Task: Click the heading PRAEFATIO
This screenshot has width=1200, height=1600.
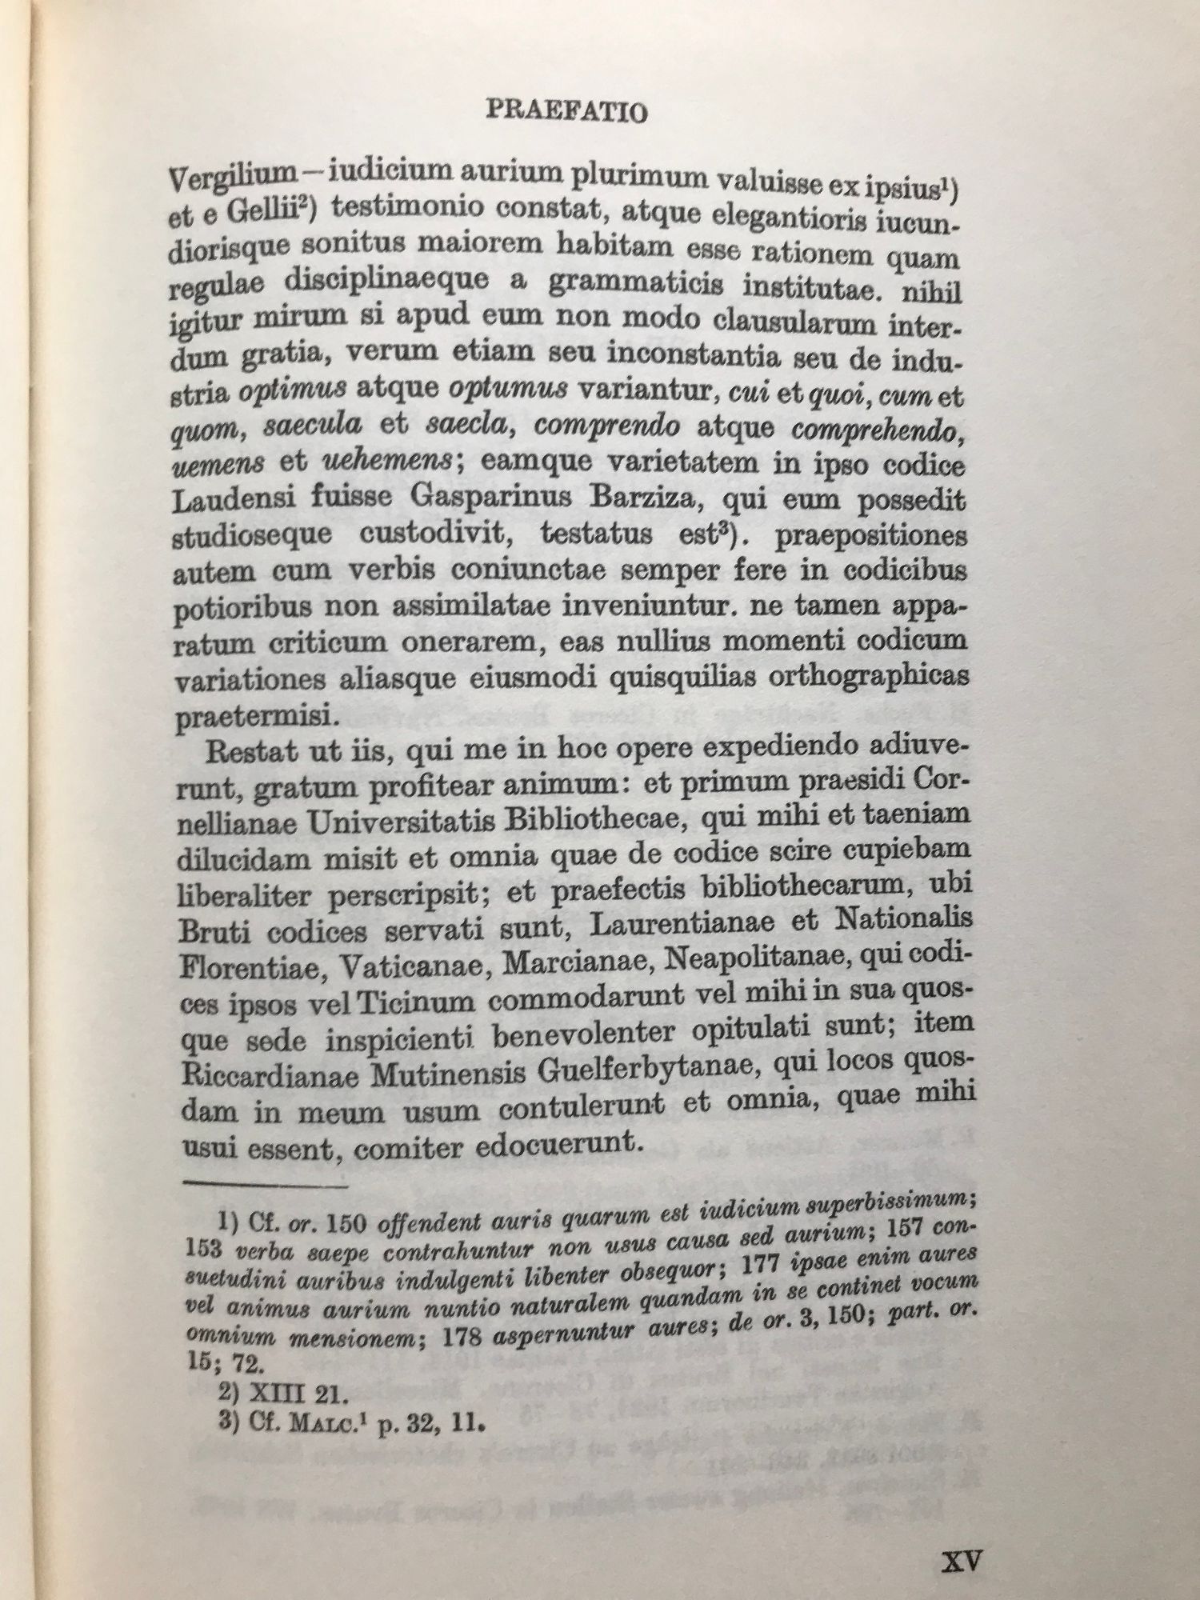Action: [x=566, y=111]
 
